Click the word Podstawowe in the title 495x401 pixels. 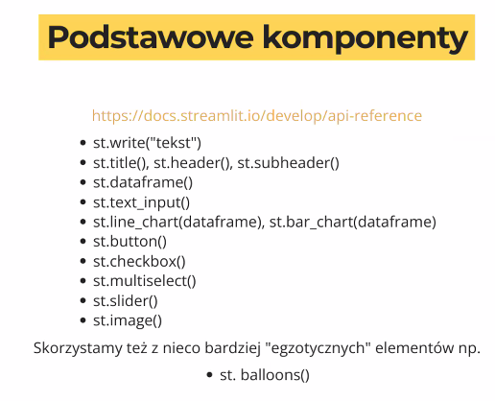pos(151,37)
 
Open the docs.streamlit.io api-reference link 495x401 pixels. pos(257,116)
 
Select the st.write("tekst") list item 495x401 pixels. pos(147,143)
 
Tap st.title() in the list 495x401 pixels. pos(121,163)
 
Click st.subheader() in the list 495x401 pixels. pos(288,163)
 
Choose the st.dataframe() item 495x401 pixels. pos(143,182)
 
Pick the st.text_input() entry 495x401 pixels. pos(141,202)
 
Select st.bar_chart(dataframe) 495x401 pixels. pos(353,223)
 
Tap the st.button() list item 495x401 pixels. pos(130,242)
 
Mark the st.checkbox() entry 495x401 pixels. pos(139,262)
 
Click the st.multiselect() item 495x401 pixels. pos(145,281)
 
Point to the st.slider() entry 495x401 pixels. pos(126,301)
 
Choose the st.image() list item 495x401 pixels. pos(128,320)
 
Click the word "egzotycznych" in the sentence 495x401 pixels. pos(318,348)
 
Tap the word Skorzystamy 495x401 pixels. pos(78,348)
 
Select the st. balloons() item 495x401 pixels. pos(265,375)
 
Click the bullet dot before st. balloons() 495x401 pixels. pos(210,375)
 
